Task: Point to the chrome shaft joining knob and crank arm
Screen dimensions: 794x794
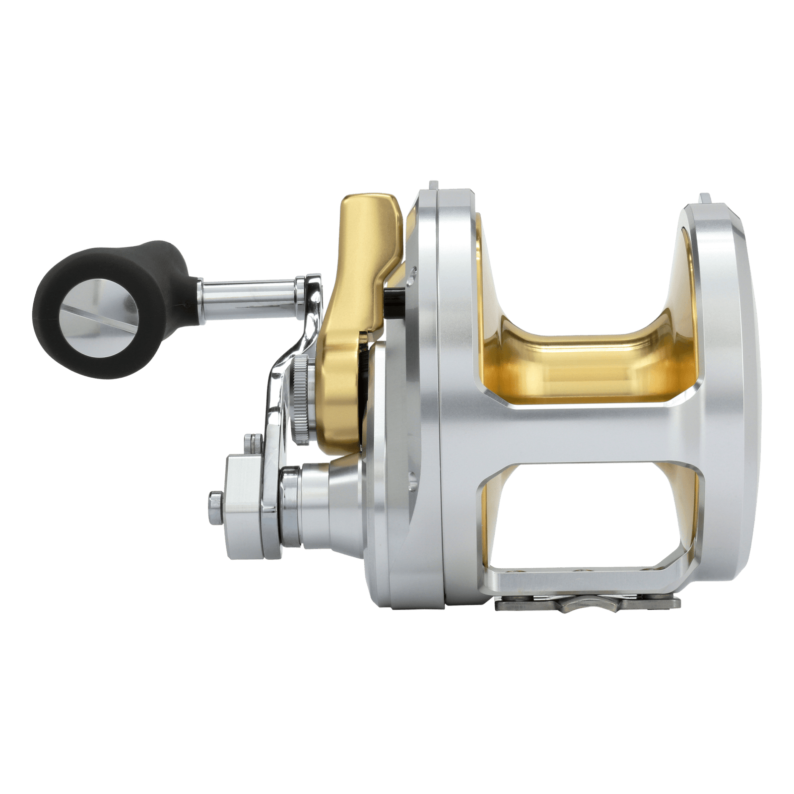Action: pos(248,287)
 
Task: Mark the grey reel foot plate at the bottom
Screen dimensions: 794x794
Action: pos(588,603)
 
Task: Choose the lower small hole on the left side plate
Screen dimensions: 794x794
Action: pos(411,479)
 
